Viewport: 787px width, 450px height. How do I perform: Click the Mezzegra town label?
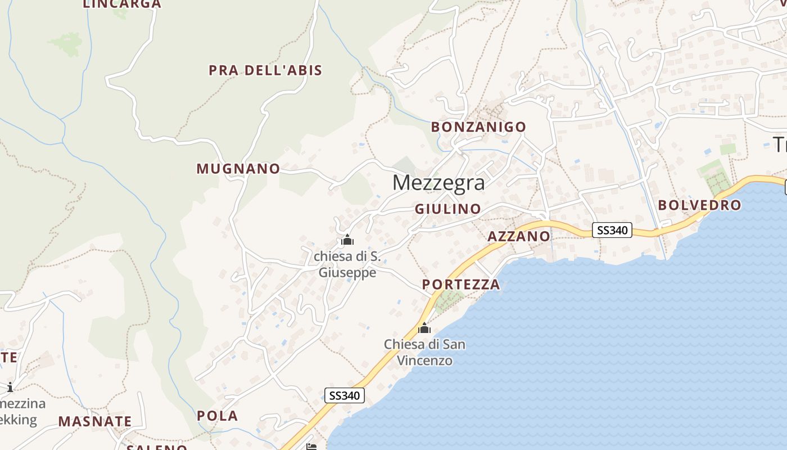pos(438,182)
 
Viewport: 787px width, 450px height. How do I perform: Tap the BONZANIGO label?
pos(478,127)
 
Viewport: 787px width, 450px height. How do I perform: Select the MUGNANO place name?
pos(238,169)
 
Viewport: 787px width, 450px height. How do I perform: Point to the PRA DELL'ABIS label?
pos(265,70)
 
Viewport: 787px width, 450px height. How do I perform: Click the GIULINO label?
pos(448,209)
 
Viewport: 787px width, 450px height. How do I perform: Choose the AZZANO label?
pos(519,236)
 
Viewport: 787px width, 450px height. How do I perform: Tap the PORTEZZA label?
pos(461,284)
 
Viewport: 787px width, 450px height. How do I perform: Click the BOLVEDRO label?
pos(700,205)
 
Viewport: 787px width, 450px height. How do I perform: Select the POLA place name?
pos(218,416)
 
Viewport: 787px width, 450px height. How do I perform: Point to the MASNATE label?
pos(95,421)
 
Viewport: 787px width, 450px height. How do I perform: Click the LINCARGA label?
pos(122,4)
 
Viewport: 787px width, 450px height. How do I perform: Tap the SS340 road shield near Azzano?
pos(612,230)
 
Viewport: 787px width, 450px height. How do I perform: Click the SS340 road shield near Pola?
pos(345,395)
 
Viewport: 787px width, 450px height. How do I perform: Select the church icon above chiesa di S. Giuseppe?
pos(347,240)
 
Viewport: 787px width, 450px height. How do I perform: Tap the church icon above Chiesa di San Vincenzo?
pos(424,327)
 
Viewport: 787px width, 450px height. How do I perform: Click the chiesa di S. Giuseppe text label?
pos(347,264)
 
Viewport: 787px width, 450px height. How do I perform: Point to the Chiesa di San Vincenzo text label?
pos(424,352)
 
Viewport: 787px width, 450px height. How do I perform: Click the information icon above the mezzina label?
pos(10,387)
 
